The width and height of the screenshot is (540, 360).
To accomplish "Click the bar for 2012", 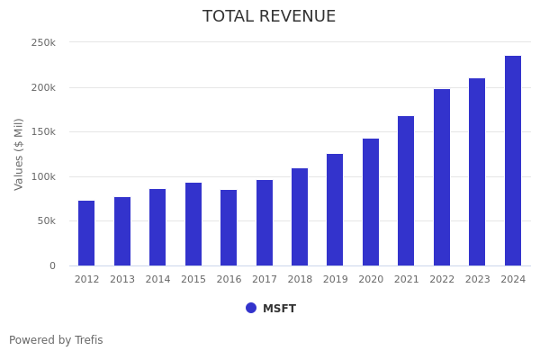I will click(86, 233).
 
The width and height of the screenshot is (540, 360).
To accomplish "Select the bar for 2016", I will click(229, 228).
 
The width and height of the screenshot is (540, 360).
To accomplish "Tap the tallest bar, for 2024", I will click(513, 160).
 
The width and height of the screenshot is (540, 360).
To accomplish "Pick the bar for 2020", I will click(371, 202).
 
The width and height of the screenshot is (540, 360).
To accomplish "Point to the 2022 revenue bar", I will click(442, 177).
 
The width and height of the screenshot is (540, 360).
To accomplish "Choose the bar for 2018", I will click(300, 217).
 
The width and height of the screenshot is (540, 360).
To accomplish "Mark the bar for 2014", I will click(157, 227).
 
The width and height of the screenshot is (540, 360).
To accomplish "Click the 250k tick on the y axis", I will click(43, 43).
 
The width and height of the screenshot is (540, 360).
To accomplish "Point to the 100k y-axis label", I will click(43, 177).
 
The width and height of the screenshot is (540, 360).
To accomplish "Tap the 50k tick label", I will click(46, 221).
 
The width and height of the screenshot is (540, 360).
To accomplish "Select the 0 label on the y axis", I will click(52, 266).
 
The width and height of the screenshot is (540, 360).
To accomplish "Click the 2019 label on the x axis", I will click(336, 280).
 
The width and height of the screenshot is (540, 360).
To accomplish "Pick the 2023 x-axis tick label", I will click(478, 280).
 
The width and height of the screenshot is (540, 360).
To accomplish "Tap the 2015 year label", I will click(193, 280).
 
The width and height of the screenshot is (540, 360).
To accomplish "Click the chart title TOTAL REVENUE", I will click(269, 17).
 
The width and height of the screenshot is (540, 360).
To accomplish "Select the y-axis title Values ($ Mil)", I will click(20, 154).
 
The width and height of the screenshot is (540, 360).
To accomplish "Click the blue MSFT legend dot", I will click(251, 308).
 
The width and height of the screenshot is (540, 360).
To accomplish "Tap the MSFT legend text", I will click(279, 309).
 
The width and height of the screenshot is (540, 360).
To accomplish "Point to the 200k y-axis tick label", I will click(43, 88).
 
